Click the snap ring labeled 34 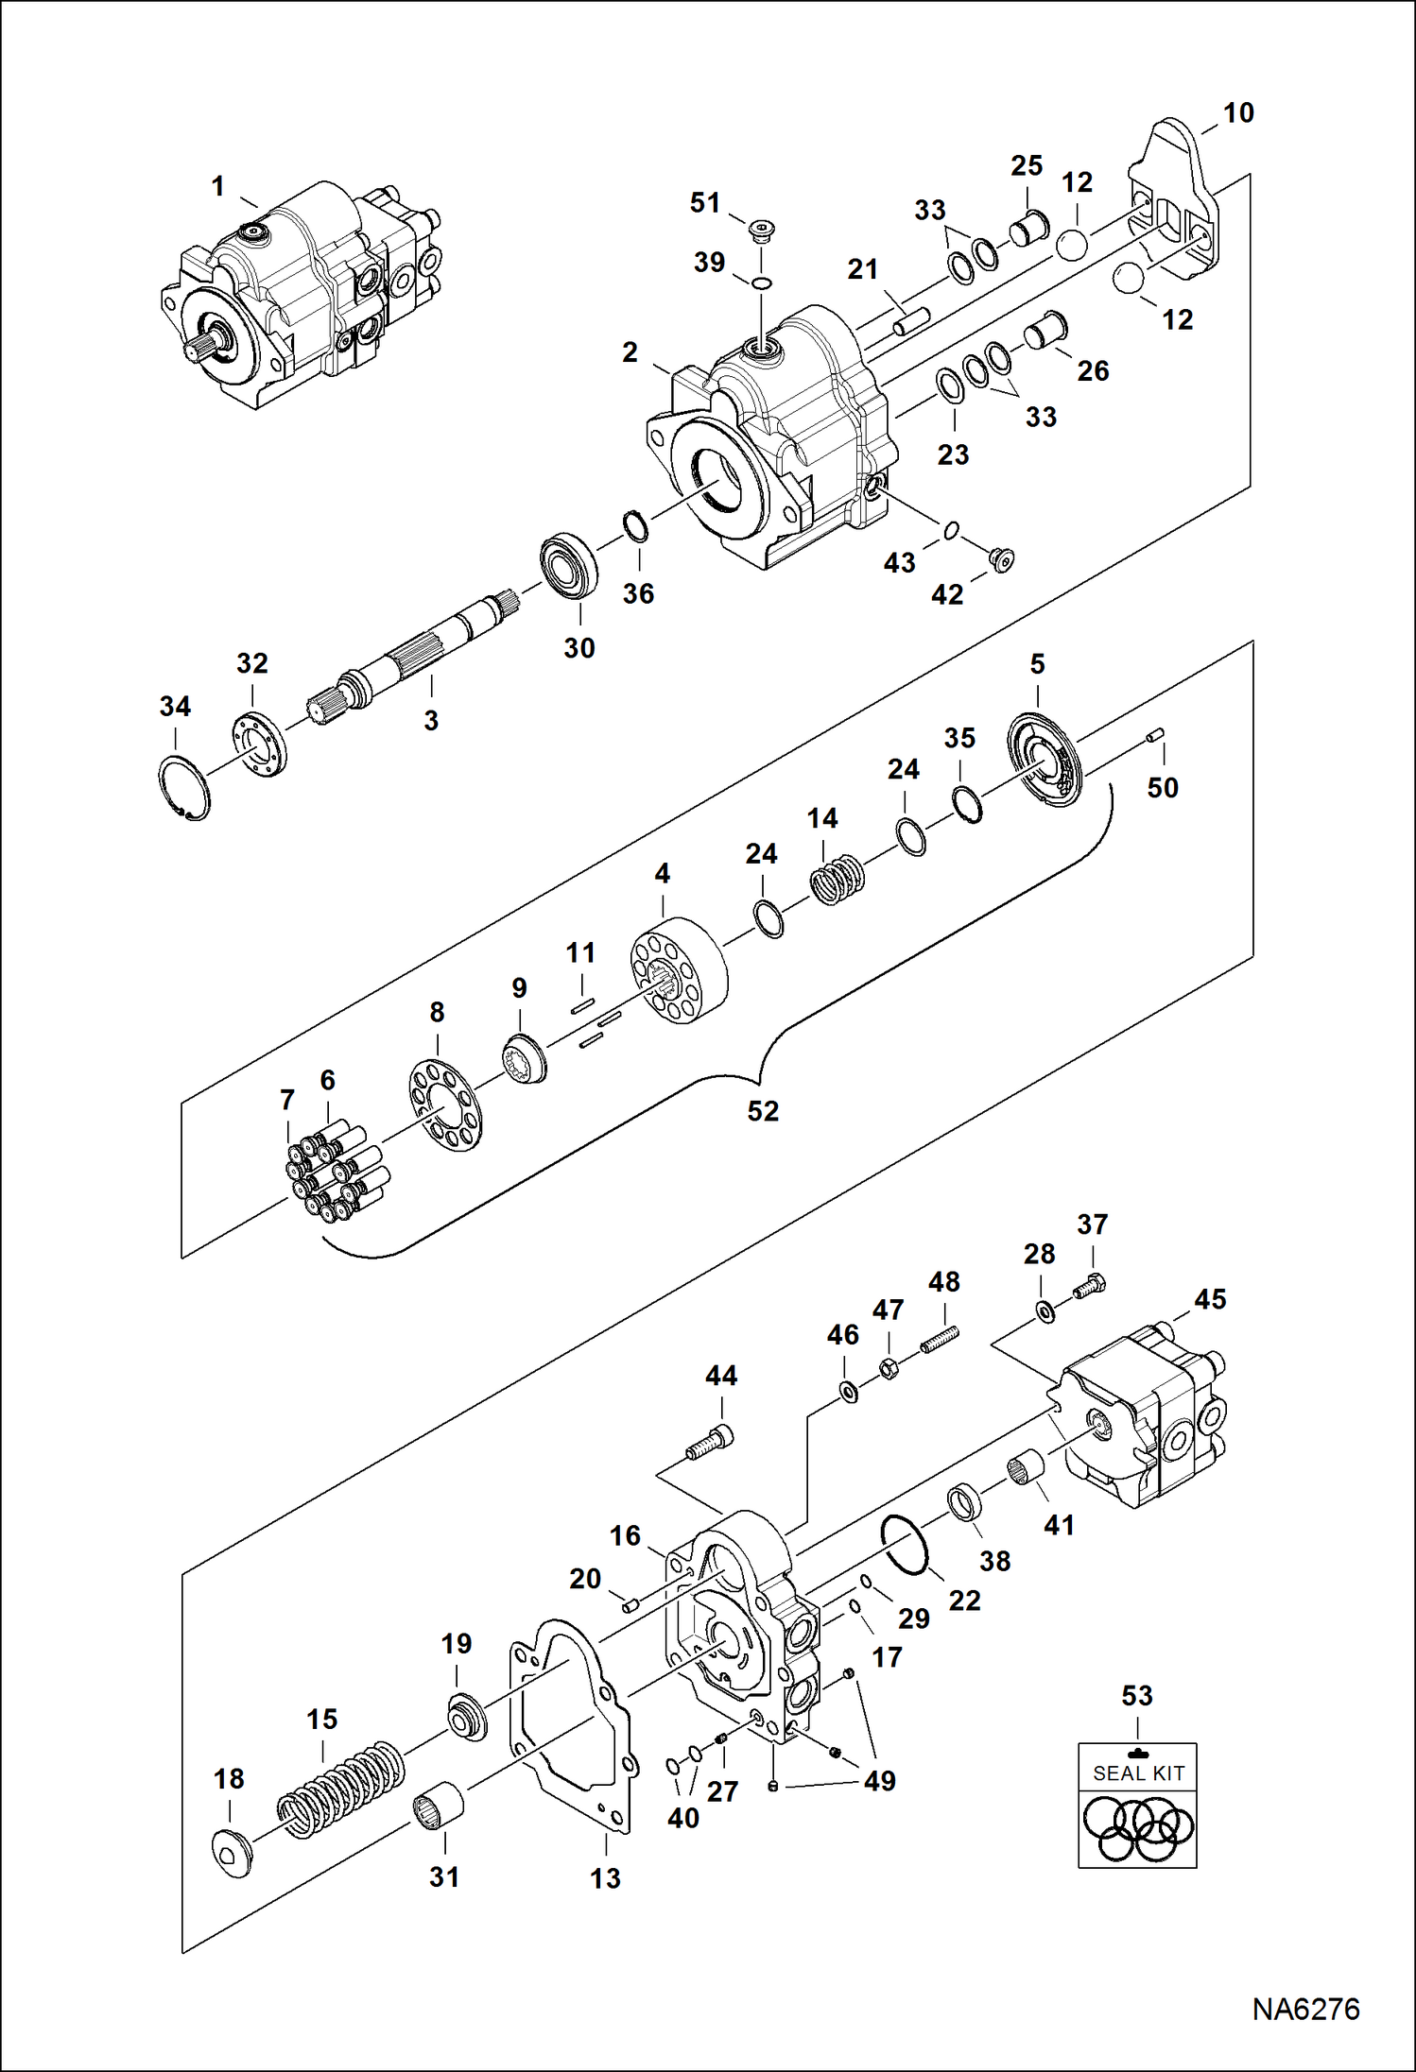coord(184,787)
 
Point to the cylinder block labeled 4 coord(679,973)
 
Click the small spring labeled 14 coord(838,879)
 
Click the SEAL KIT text coord(1138,1773)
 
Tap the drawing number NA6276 coord(1305,2010)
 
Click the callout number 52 coord(763,1111)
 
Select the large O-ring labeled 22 coord(905,1545)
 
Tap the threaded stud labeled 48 coord(941,1339)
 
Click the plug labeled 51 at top coord(761,230)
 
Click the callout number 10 coord(1238,113)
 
